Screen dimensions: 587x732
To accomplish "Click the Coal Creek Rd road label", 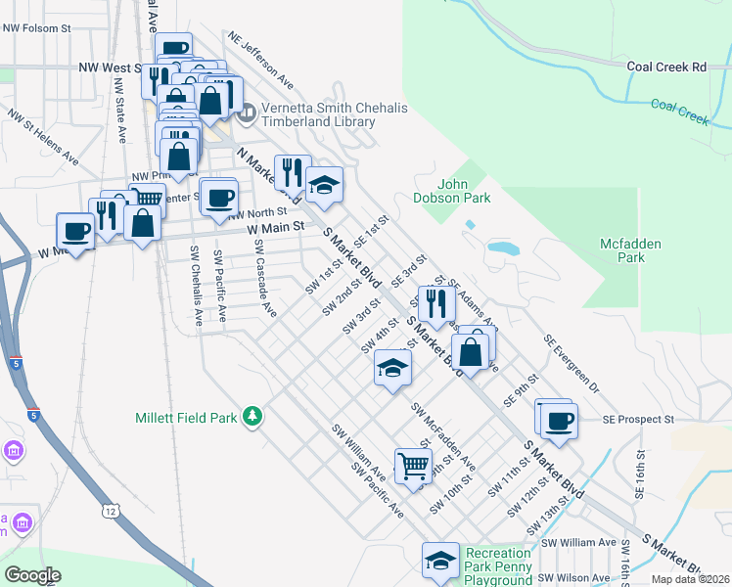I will (665, 67).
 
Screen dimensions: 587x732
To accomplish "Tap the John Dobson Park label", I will (462, 190).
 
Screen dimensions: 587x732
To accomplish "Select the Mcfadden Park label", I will (631, 250).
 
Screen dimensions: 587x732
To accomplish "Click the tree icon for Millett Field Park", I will (252, 417).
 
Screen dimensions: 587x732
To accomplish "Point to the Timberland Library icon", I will (245, 114).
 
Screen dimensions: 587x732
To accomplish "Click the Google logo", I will (33, 575).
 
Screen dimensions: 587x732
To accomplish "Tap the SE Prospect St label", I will (639, 419).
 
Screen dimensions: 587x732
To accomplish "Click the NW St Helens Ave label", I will (43, 135).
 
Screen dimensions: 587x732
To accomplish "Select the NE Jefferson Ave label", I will (260, 60).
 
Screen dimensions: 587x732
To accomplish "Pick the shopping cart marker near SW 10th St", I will (413, 466).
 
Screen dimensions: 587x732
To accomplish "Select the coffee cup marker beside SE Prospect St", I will (559, 420).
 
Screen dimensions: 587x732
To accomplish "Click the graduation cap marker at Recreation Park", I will (440, 560).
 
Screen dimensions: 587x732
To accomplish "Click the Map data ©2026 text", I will (690, 579).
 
